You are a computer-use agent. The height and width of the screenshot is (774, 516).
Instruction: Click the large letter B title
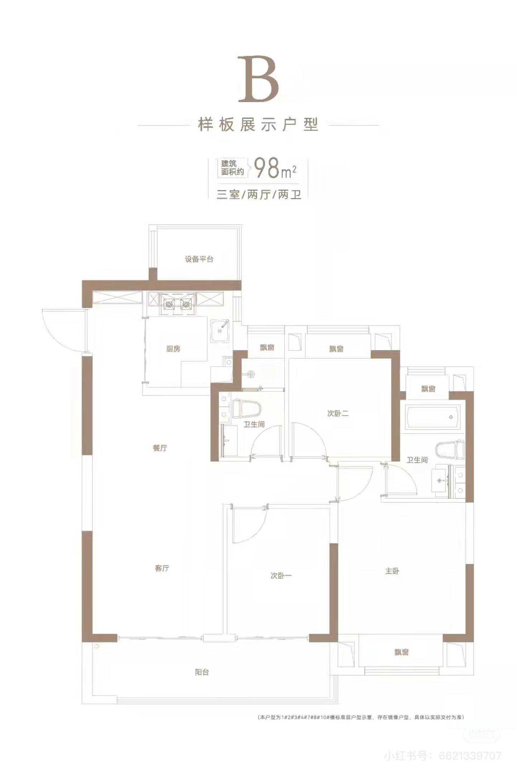[259, 79]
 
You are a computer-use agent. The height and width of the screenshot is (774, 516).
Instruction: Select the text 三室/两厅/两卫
[258, 195]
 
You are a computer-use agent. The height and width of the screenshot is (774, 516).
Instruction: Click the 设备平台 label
[199, 259]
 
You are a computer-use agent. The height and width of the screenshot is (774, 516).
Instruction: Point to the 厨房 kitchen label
[173, 349]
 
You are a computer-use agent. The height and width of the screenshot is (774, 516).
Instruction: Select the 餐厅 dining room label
[160, 448]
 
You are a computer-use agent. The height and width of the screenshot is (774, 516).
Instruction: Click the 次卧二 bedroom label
[338, 414]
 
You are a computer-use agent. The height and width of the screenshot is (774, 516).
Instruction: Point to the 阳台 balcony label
[202, 672]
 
